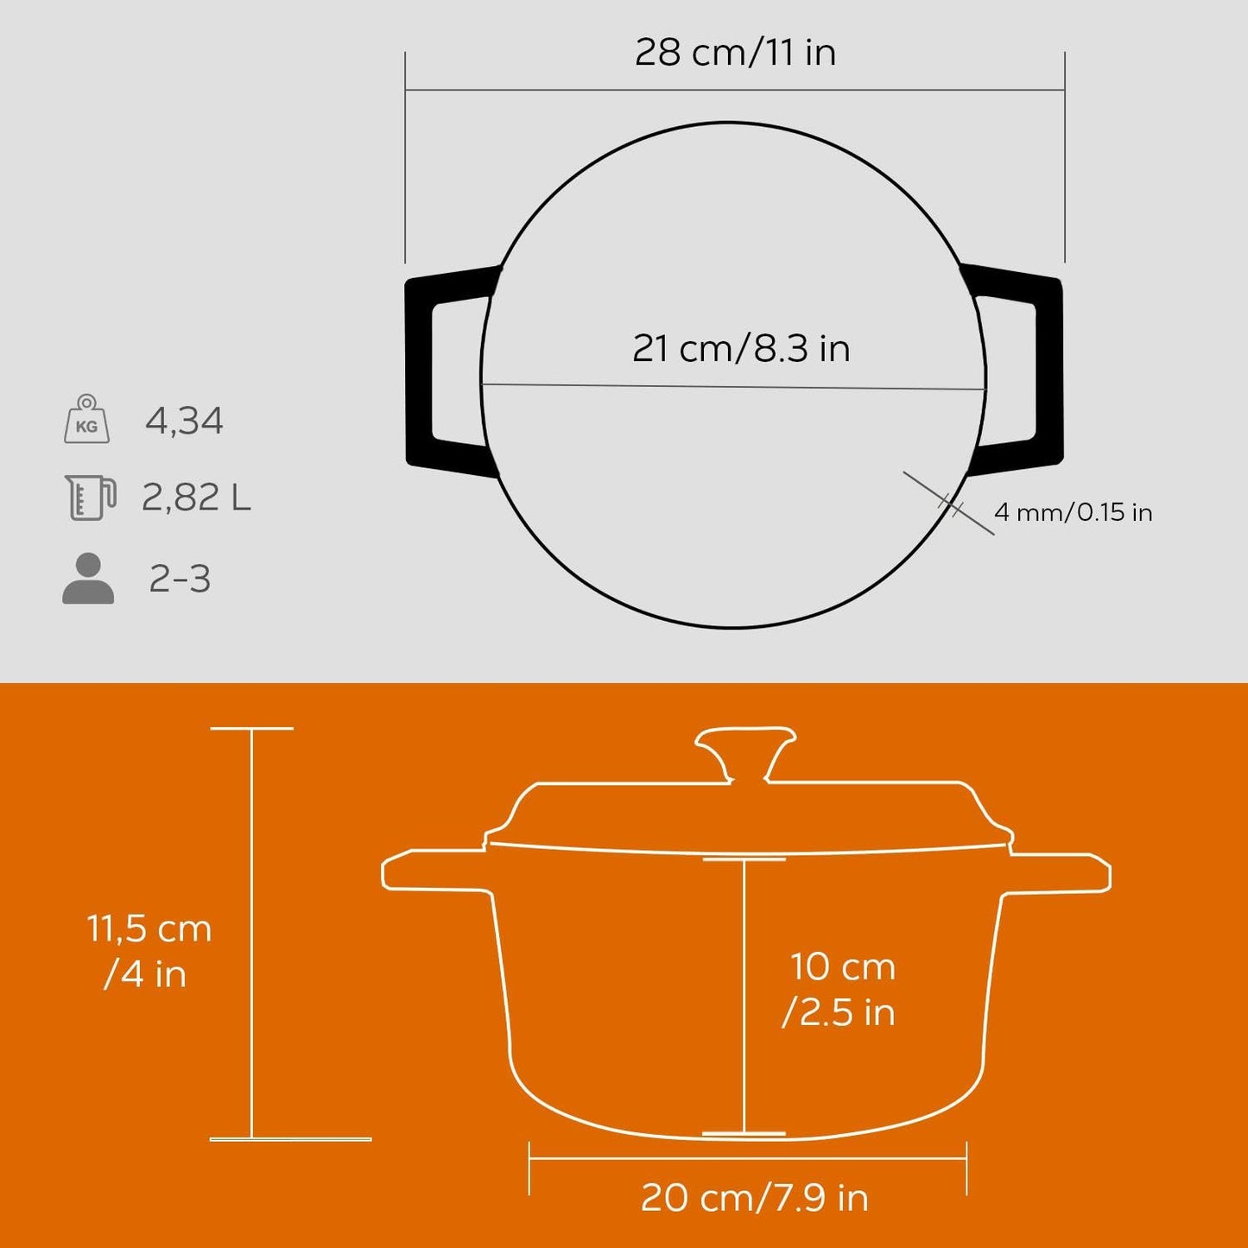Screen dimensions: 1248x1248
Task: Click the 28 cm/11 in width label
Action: click(735, 53)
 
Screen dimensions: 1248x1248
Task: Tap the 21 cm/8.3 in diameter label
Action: click(741, 349)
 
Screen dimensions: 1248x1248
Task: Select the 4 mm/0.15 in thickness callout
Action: click(1073, 512)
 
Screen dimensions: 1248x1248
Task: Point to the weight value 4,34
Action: click(184, 421)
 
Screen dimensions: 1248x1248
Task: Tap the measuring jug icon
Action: click(90, 497)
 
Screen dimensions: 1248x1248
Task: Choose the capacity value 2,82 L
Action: click(196, 498)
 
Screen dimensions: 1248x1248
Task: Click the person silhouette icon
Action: click(88, 578)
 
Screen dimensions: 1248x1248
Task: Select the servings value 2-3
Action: click(180, 579)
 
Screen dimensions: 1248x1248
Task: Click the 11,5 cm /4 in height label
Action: click(149, 951)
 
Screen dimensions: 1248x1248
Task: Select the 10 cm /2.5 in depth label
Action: click(841, 989)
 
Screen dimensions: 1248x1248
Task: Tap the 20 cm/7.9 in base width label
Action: click(754, 1198)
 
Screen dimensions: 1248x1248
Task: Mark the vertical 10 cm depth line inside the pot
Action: click(744, 993)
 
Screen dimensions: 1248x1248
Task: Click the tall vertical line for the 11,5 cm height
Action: click(251, 933)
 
